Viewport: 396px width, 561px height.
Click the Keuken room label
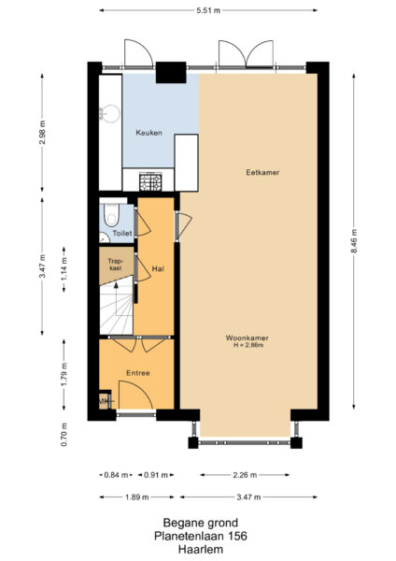(149, 133)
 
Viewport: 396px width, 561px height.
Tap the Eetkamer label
(263, 173)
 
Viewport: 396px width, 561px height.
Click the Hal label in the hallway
(158, 269)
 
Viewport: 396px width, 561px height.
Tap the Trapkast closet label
(116, 265)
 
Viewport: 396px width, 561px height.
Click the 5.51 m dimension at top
(208, 10)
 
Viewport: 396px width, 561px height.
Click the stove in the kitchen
(150, 180)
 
